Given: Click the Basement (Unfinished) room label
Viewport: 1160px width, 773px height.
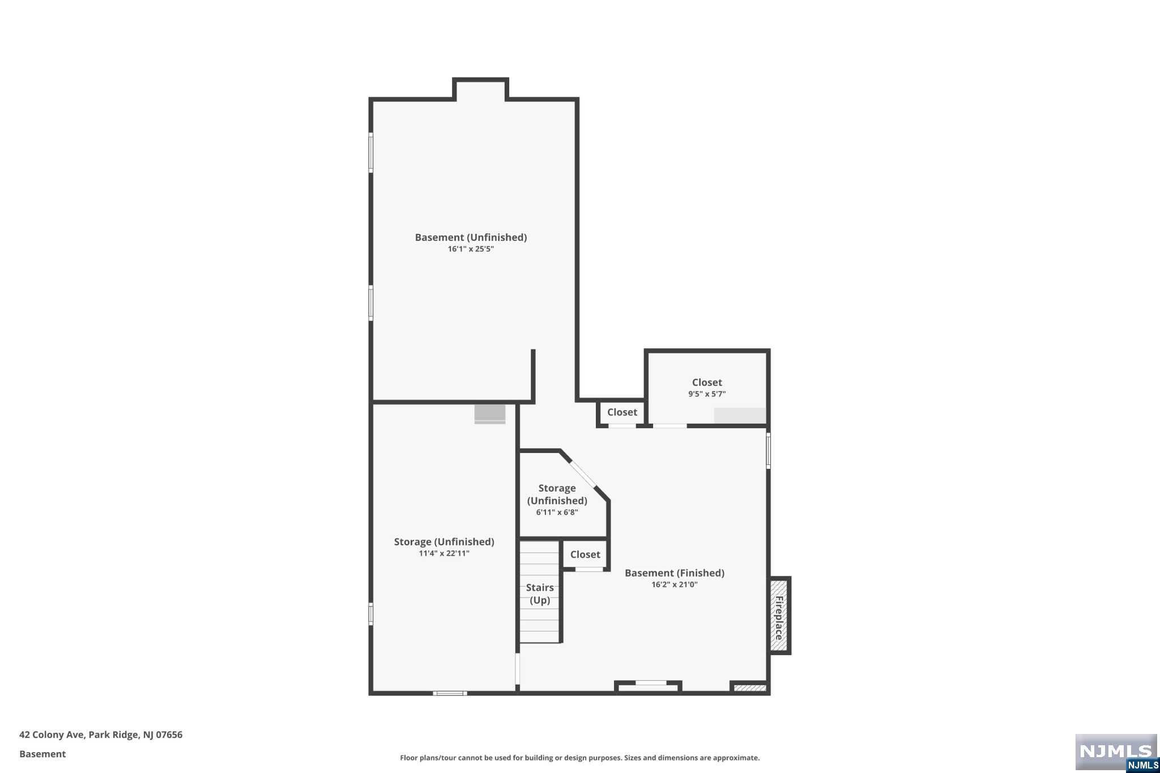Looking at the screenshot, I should pos(471,237).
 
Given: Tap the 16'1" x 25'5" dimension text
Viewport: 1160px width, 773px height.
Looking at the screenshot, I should pos(471,249).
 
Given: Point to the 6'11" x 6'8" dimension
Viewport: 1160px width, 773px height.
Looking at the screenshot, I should pos(557,513).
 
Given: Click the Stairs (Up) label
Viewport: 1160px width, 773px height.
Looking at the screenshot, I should pos(540,593).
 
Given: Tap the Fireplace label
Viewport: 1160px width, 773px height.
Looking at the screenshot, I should pos(779,617).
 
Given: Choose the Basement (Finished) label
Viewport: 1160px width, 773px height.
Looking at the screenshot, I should pos(674,573).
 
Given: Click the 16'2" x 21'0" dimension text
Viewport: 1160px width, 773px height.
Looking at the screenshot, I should pos(674,585).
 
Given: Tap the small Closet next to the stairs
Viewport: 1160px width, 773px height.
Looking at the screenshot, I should pos(585,555).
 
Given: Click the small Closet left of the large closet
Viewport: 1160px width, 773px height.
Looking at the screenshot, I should pos(622,412).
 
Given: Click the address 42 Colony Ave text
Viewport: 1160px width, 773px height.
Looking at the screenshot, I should pos(101,734).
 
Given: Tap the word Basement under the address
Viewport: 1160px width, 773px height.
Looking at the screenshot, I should pos(42,754).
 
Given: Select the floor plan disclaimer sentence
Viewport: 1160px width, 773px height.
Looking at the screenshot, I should pos(579,758).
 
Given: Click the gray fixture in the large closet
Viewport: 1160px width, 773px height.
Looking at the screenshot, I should pos(740,415).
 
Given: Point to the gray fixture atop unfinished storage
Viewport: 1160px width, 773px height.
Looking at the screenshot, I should pos(490,413).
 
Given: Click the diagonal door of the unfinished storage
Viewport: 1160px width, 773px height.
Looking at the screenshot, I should pos(583,474).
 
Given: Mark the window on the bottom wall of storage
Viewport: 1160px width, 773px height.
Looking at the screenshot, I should pos(450,693).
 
